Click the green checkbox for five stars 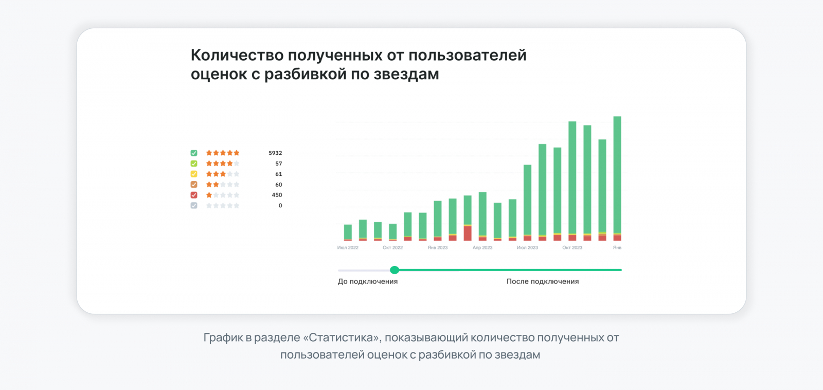[194, 153]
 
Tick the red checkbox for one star [194, 195]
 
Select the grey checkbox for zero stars [194, 205]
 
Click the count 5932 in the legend [275, 153]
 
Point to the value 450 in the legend [277, 195]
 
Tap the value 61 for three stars [278, 174]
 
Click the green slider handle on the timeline [395, 270]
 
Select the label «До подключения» [367, 281]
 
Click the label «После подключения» [543, 281]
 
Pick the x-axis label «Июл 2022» [348, 247]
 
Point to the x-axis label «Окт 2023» [572, 247]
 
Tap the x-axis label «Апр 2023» [482, 247]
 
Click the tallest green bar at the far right [617, 175]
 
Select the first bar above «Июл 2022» [348, 232]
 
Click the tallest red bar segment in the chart [468, 233]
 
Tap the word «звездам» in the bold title [406, 74]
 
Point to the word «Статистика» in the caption [341, 338]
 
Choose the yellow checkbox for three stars [194, 174]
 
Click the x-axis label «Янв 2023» [438, 247]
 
